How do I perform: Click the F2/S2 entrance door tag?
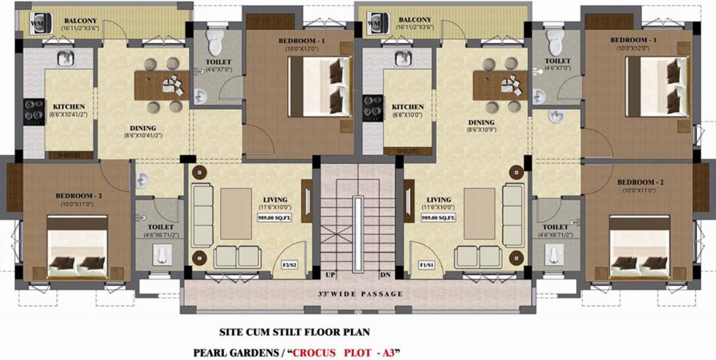point(290,265)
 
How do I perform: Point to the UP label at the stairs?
point(331,275)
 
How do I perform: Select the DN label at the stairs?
point(385,275)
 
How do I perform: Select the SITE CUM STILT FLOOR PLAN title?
point(294,332)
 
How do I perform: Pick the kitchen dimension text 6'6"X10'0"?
point(407,115)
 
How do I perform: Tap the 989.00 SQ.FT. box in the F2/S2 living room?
point(274,217)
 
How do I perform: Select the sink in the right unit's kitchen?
point(403,58)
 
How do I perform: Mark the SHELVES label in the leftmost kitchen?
point(69,155)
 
